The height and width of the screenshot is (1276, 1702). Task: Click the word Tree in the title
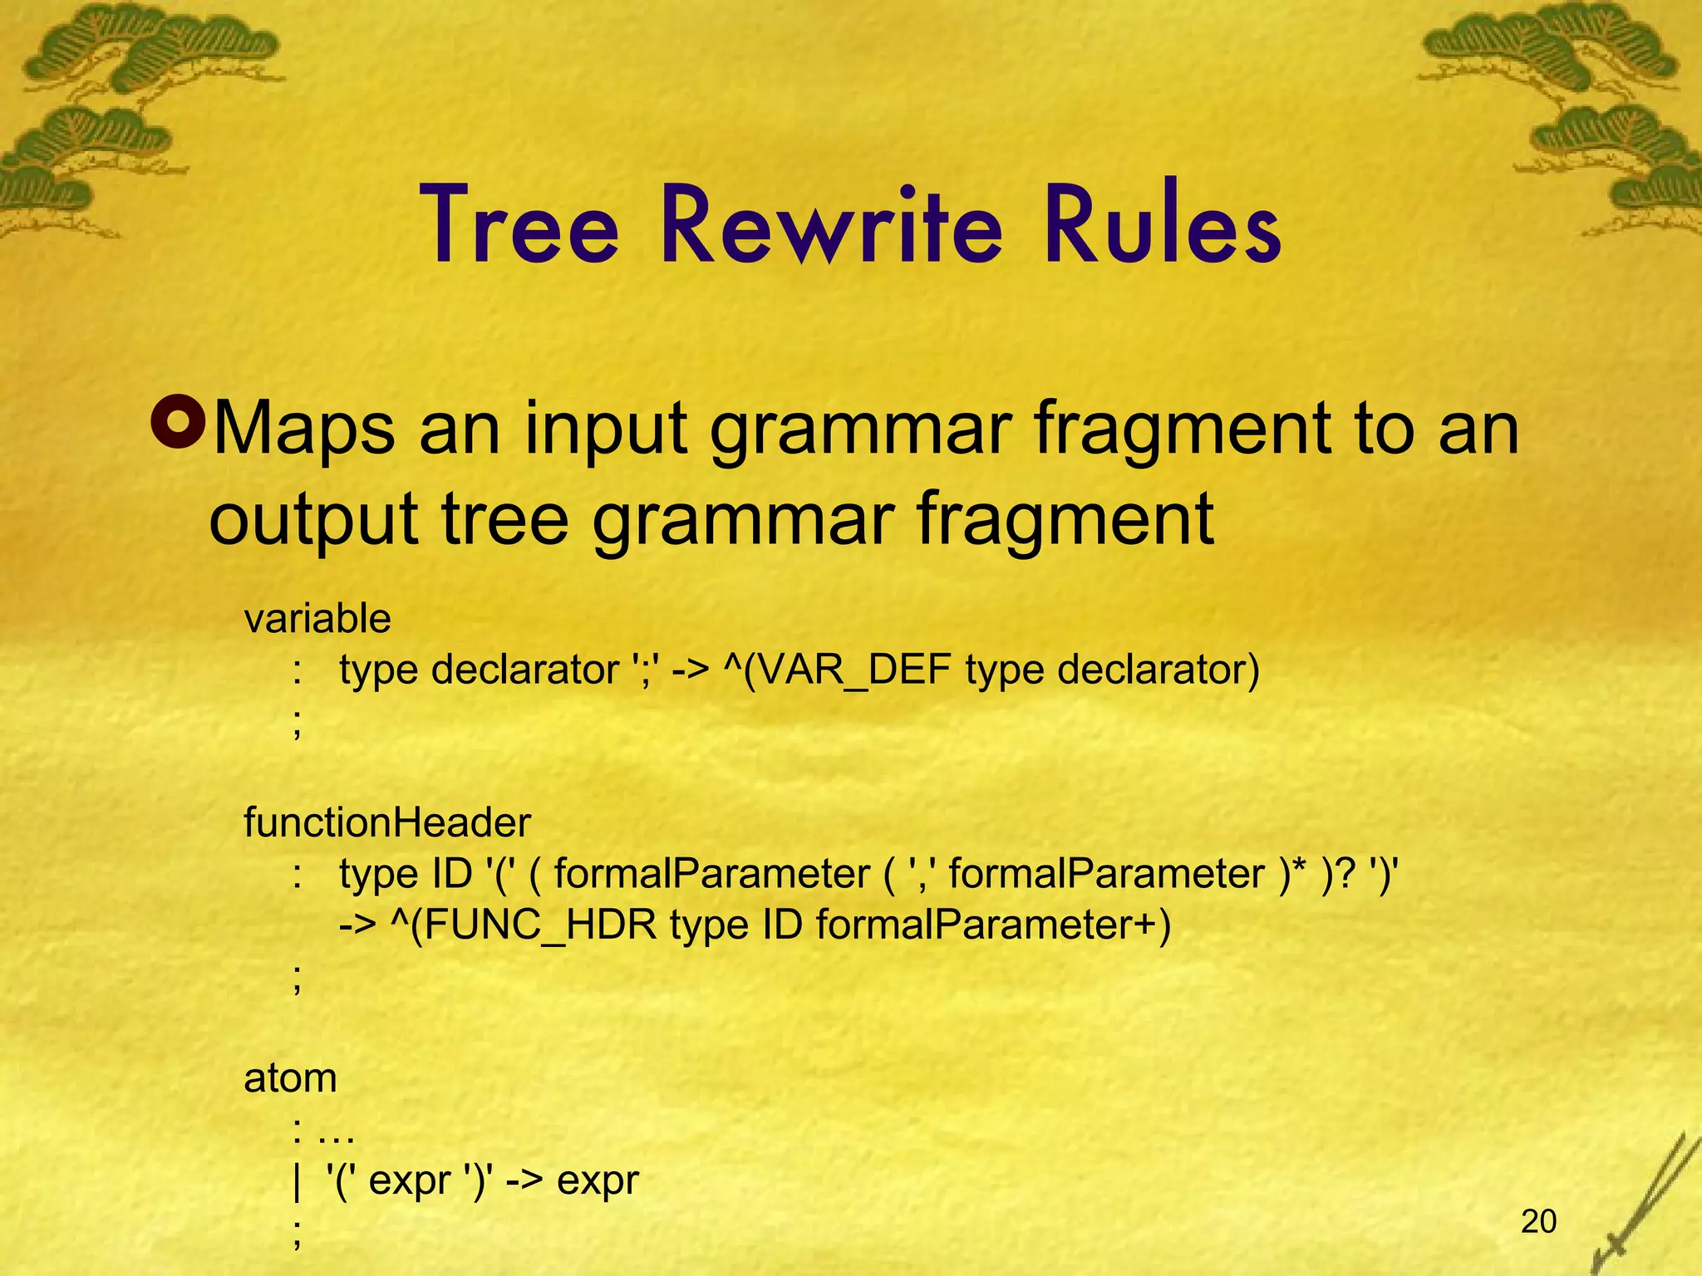pos(522,226)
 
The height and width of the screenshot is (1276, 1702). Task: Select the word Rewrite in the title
pos(832,226)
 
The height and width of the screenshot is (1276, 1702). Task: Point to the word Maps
pos(304,429)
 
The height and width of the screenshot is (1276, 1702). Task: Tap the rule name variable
pos(317,619)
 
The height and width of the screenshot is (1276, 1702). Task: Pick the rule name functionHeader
pos(387,823)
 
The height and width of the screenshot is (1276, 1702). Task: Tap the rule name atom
pos(290,1079)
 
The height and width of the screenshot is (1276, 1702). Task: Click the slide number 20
pos(1538,1221)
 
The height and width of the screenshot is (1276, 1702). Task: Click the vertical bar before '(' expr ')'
pos(297,1181)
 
